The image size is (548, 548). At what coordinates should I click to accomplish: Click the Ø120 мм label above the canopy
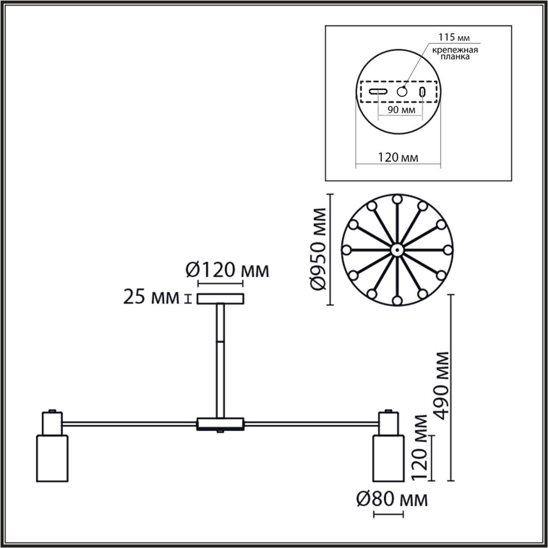227,270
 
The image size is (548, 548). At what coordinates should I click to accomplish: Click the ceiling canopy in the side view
220,299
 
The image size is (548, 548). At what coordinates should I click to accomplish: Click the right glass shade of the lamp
388,458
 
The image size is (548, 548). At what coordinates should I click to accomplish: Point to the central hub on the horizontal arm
220,423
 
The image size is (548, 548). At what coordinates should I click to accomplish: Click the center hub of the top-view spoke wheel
396,250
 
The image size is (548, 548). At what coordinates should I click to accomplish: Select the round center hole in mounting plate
403,92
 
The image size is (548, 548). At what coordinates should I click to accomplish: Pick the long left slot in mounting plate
378,92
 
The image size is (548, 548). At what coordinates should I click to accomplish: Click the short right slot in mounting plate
423,92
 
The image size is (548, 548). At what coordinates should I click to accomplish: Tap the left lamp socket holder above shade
52,423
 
